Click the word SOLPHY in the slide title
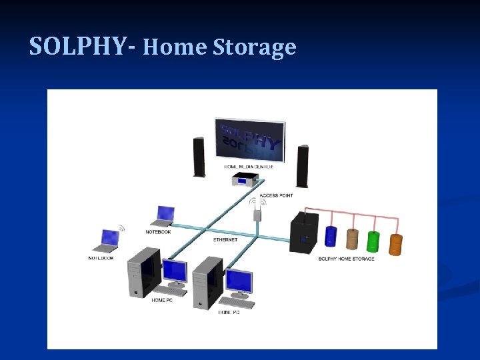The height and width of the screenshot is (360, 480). pyautogui.click(x=77, y=46)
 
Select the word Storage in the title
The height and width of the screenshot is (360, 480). pyautogui.click(x=255, y=47)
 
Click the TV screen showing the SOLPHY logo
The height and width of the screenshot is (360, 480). pyautogui.click(x=250, y=141)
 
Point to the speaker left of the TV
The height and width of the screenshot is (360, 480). pyautogui.click(x=199, y=157)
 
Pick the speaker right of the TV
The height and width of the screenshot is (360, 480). pyautogui.click(x=303, y=166)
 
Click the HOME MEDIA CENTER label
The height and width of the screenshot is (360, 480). pyautogui.click(x=248, y=167)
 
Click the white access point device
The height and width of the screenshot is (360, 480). pyautogui.click(x=256, y=215)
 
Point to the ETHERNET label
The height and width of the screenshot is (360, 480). pyautogui.click(x=225, y=239)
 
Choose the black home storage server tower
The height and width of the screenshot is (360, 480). pyautogui.click(x=304, y=232)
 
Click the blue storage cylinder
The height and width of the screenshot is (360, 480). pyautogui.click(x=331, y=237)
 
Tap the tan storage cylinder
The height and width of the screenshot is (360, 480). pyautogui.click(x=352, y=239)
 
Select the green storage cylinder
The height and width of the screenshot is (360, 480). pyautogui.click(x=373, y=241)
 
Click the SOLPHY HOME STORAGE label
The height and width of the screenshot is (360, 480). pyautogui.click(x=346, y=259)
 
